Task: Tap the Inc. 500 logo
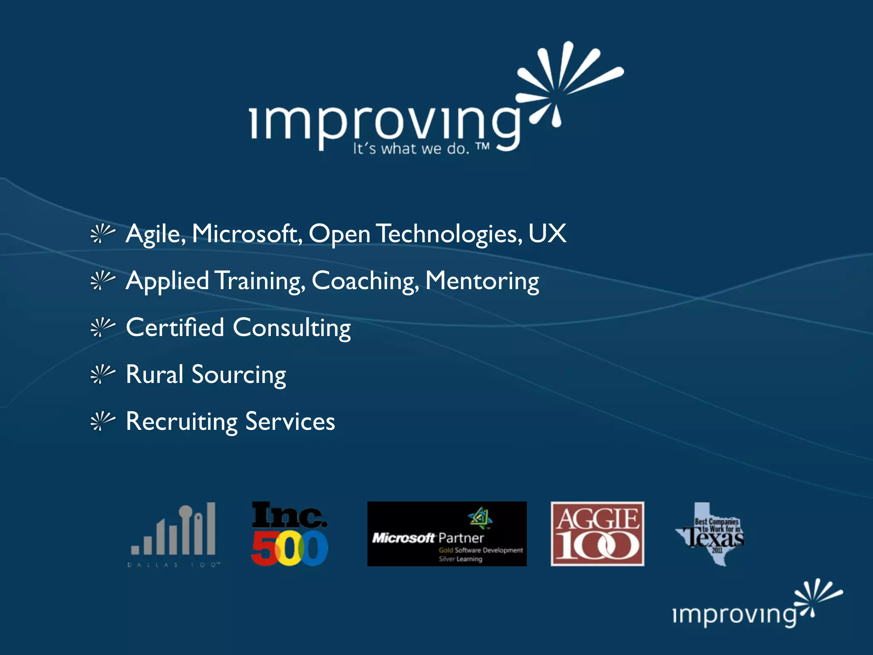click(289, 534)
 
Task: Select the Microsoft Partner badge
click(447, 534)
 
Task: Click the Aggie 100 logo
click(597, 534)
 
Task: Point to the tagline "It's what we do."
click(411, 149)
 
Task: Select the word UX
click(547, 234)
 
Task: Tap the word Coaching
click(364, 281)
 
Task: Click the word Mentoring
click(482, 281)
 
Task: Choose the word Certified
click(175, 327)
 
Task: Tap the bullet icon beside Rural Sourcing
click(102, 374)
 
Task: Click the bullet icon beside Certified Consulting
click(102, 327)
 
